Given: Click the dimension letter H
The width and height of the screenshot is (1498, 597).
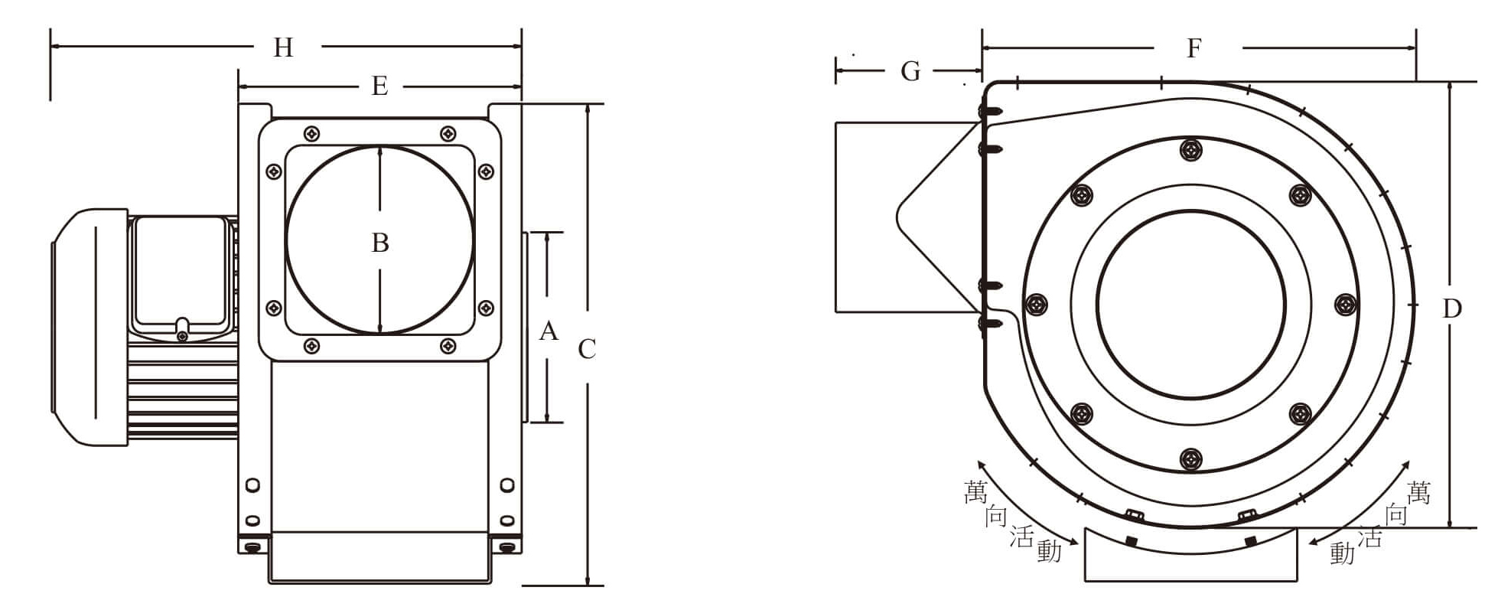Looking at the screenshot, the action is pyautogui.click(x=283, y=48).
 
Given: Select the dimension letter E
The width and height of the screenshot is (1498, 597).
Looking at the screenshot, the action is pyautogui.click(x=379, y=86).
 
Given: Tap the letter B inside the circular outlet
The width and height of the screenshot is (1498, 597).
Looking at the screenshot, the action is pyautogui.click(x=380, y=243).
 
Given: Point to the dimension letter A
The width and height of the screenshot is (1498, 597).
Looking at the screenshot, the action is pyautogui.click(x=549, y=331).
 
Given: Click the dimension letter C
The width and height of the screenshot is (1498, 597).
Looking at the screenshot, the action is pyautogui.click(x=587, y=350).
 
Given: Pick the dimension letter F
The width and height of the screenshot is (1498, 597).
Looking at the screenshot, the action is pyautogui.click(x=1194, y=49).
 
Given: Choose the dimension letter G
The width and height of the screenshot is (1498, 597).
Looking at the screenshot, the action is pyautogui.click(x=910, y=71).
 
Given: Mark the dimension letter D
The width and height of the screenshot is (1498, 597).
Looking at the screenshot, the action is pyautogui.click(x=1451, y=308).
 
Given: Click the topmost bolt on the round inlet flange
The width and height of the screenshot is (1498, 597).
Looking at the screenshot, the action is pyautogui.click(x=1190, y=149).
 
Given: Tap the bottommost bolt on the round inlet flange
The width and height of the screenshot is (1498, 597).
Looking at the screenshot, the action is pyautogui.click(x=1190, y=459).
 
